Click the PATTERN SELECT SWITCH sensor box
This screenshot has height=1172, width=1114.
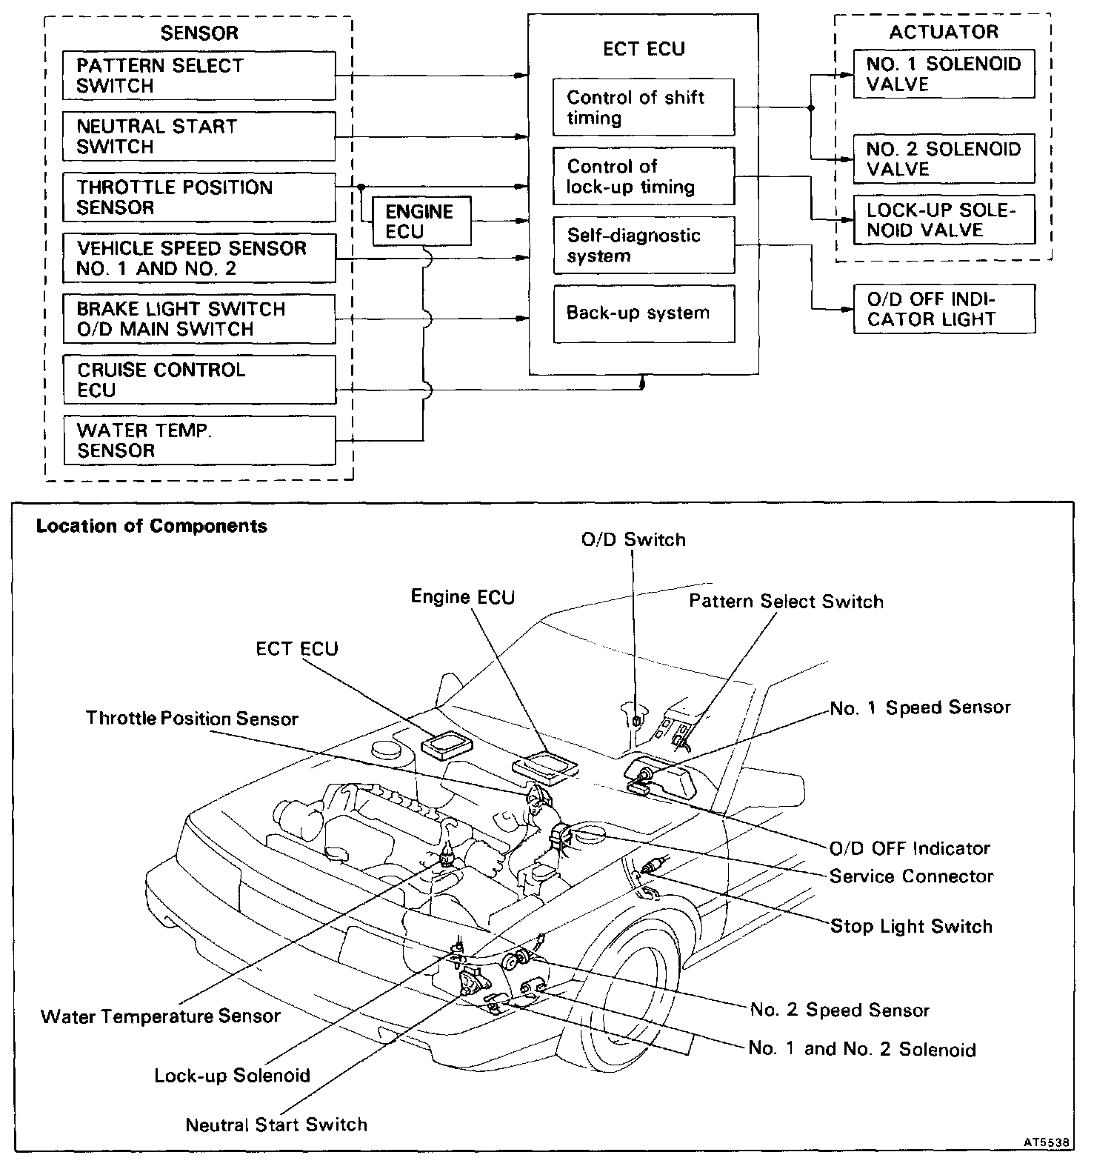point(199,76)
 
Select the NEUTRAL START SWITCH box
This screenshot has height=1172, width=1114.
point(199,136)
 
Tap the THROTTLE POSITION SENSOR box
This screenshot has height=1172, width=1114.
point(199,197)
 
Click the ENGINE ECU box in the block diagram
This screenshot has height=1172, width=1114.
point(420,222)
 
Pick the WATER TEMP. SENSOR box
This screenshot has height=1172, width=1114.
point(199,440)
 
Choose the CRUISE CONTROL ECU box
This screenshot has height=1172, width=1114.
point(199,379)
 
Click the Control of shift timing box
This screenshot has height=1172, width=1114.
point(643,107)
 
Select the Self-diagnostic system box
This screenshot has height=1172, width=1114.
point(643,245)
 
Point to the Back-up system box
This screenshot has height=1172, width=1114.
point(643,313)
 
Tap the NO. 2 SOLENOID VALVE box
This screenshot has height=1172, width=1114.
point(943,159)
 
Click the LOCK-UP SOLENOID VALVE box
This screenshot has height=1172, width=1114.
point(943,219)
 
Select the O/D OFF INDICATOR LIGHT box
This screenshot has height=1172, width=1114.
point(943,309)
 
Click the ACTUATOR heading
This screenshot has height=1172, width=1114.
point(943,32)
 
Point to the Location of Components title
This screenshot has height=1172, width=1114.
point(152,526)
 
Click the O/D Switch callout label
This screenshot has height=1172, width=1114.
point(633,539)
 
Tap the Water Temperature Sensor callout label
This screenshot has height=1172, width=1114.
point(161,1016)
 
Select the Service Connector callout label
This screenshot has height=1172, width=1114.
point(911,876)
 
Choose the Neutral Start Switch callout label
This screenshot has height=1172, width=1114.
point(276,1125)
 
